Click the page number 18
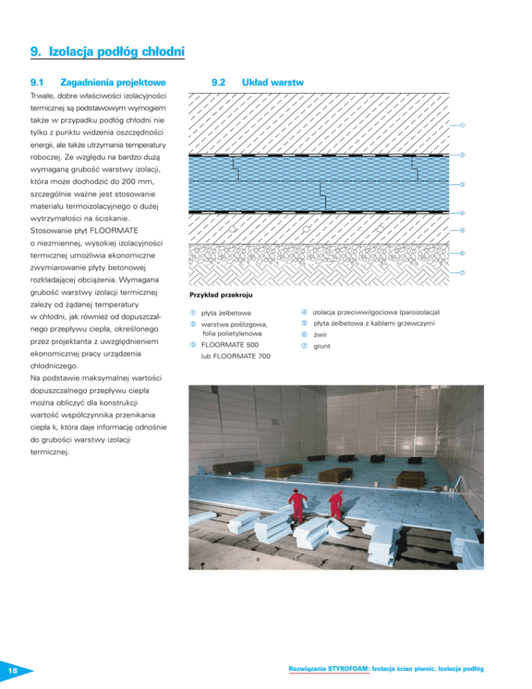13,671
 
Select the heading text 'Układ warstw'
269,82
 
